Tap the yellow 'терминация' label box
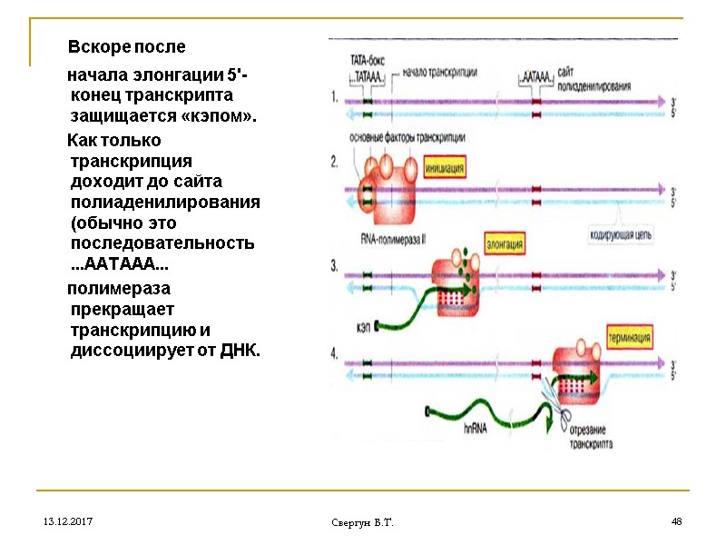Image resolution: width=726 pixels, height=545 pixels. click(x=630, y=337)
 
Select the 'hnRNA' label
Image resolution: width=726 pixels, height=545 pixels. click(x=475, y=428)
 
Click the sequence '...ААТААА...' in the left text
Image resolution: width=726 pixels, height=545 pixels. click(x=119, y=266)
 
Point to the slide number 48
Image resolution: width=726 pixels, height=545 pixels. click(x=676, y=522)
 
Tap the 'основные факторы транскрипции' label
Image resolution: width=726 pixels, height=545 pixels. click(x=408, y=137)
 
